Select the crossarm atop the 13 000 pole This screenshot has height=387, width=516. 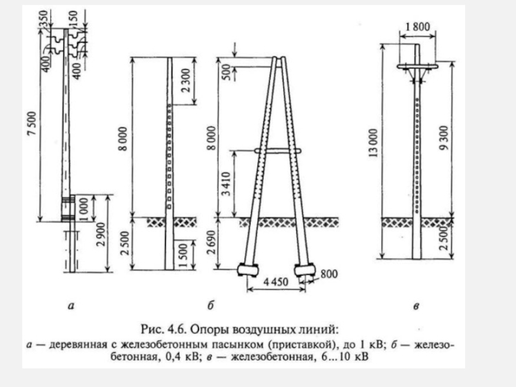tap(416, 65)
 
